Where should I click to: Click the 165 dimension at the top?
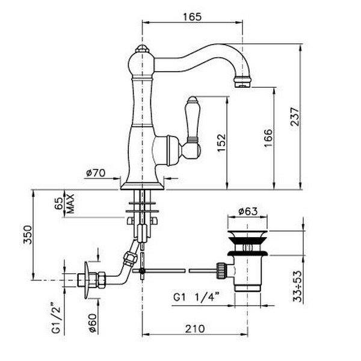click(x=193, y=17)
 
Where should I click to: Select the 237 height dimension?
click(x=295, y=116)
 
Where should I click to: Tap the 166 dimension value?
click(x=268, y=138)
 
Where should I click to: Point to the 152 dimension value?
click(x=221, y=143)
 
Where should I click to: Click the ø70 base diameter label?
click(x=96, y=173)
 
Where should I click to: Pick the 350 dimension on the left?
click(x=28, y=235)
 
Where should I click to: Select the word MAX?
click(x=70, y=203)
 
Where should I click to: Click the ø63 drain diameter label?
click(x=248, y=211)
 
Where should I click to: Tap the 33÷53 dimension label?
click(x=297, y=286)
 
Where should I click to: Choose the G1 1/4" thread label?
click(x=196, y=297)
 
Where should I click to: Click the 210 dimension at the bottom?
click(x=195, y=329)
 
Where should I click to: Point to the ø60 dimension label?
click(x=92, y=323)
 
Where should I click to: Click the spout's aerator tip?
click(x=242, y=82)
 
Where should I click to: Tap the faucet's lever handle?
click(x=191, y=128)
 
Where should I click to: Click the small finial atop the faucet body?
click(x=142, y=48)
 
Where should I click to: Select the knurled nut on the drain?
click(x=221, y=271)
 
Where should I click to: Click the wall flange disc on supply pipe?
click(x=87, y=280)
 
